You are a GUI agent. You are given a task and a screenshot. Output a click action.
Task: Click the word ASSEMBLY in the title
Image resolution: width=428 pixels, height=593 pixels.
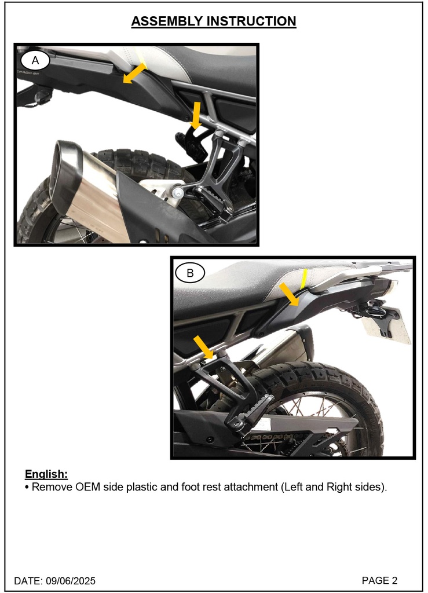(x=167, y=21)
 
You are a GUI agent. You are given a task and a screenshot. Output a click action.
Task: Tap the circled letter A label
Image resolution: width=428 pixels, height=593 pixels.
(x=35, y=60)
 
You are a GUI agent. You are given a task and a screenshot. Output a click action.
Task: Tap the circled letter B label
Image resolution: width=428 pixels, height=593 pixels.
(x=189, y=272)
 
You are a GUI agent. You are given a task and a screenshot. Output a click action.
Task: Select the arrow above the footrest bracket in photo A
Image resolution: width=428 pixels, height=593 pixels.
(x=197, y=115)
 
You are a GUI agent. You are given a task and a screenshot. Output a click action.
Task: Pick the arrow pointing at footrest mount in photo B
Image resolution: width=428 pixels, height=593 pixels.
(x=203, y=346)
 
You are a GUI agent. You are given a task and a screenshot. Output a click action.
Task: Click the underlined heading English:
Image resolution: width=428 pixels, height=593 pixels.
(x=46, y=474)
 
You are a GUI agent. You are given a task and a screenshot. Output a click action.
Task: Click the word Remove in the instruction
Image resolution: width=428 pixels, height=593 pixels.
(x=50, y=487)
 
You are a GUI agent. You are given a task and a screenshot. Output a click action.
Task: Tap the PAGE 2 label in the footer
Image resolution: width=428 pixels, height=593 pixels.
(x=379, y=580)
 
